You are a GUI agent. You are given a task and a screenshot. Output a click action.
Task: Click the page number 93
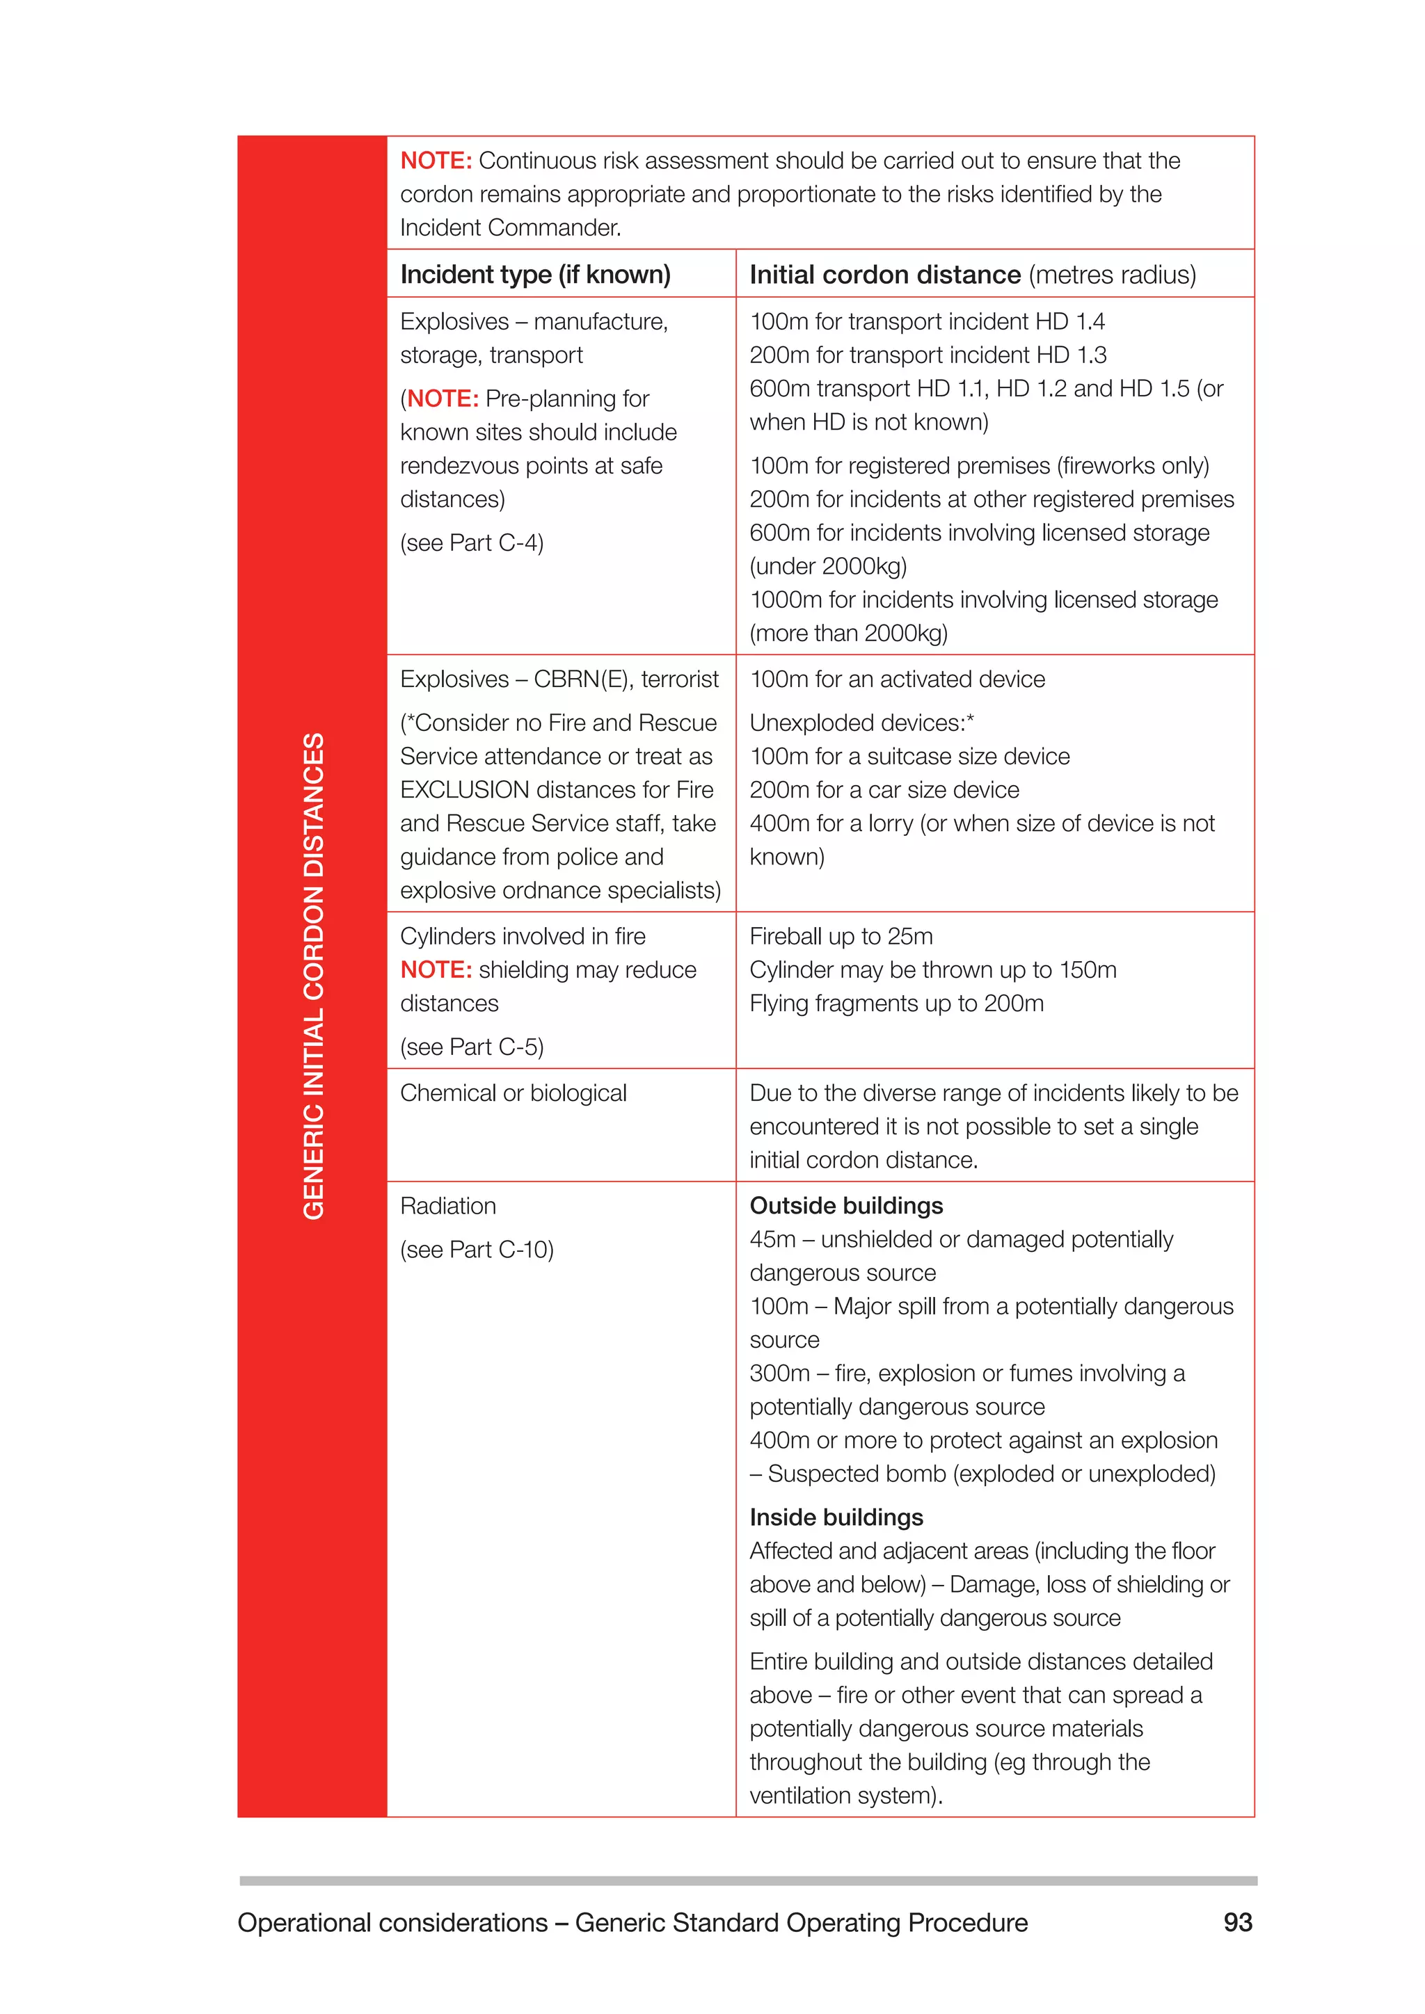pyautogui.click(x=1237, y=1922)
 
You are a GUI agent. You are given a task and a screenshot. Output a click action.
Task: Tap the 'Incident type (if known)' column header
pyautogui.click(x=534, y=275)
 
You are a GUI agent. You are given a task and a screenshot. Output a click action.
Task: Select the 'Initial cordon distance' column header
pyautogui.click(x=884, y=275)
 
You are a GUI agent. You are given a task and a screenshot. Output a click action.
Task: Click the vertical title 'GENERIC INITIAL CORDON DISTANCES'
pyautogui.click(x=313, y=976)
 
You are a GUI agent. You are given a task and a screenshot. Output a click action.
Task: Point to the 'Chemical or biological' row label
pyautogui.click(x=514, y=1093)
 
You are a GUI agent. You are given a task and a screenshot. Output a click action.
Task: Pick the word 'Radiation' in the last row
pyautogui.click(x=447, y=1206)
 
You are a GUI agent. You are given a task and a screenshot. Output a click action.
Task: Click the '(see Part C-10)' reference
pyautogui.click(x=477, y=1249)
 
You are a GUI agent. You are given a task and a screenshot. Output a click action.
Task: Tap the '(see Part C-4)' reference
pyautogui.click(x=471, y=543)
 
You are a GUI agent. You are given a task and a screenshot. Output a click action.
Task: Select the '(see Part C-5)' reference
pyautogui.click(x=471, y=1047)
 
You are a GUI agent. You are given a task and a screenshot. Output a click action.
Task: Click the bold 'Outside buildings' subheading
pyautogui.click(x=846, y=1206)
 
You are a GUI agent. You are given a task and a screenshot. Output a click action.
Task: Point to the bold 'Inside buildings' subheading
pyautogui.click(x=836, y=1517)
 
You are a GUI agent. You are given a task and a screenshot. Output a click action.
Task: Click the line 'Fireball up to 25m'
pyautogui.click(x=841, y=936)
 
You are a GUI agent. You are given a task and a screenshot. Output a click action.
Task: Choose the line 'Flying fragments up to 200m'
pyautogui.click(x=896, y=1004)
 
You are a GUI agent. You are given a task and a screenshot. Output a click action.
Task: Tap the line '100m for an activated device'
pyautogui.click(x=897, y=679)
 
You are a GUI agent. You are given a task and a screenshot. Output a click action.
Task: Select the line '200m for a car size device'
pyautogui.click(x=884, y=789)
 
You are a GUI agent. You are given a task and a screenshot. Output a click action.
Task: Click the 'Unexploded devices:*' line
pyautogui.click(x=861, y=723)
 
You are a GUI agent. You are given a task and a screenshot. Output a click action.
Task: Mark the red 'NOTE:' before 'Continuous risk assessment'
pyautogui.click(x=436, y=161)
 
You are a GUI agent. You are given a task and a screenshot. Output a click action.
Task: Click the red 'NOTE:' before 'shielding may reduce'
pyautogui.click(x=436, y=969)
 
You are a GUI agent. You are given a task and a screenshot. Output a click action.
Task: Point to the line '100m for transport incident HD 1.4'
pyautogui.click(x=927, y=321)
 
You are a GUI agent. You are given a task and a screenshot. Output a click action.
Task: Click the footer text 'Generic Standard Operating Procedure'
pyautogui.click(x=801, y=1922)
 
